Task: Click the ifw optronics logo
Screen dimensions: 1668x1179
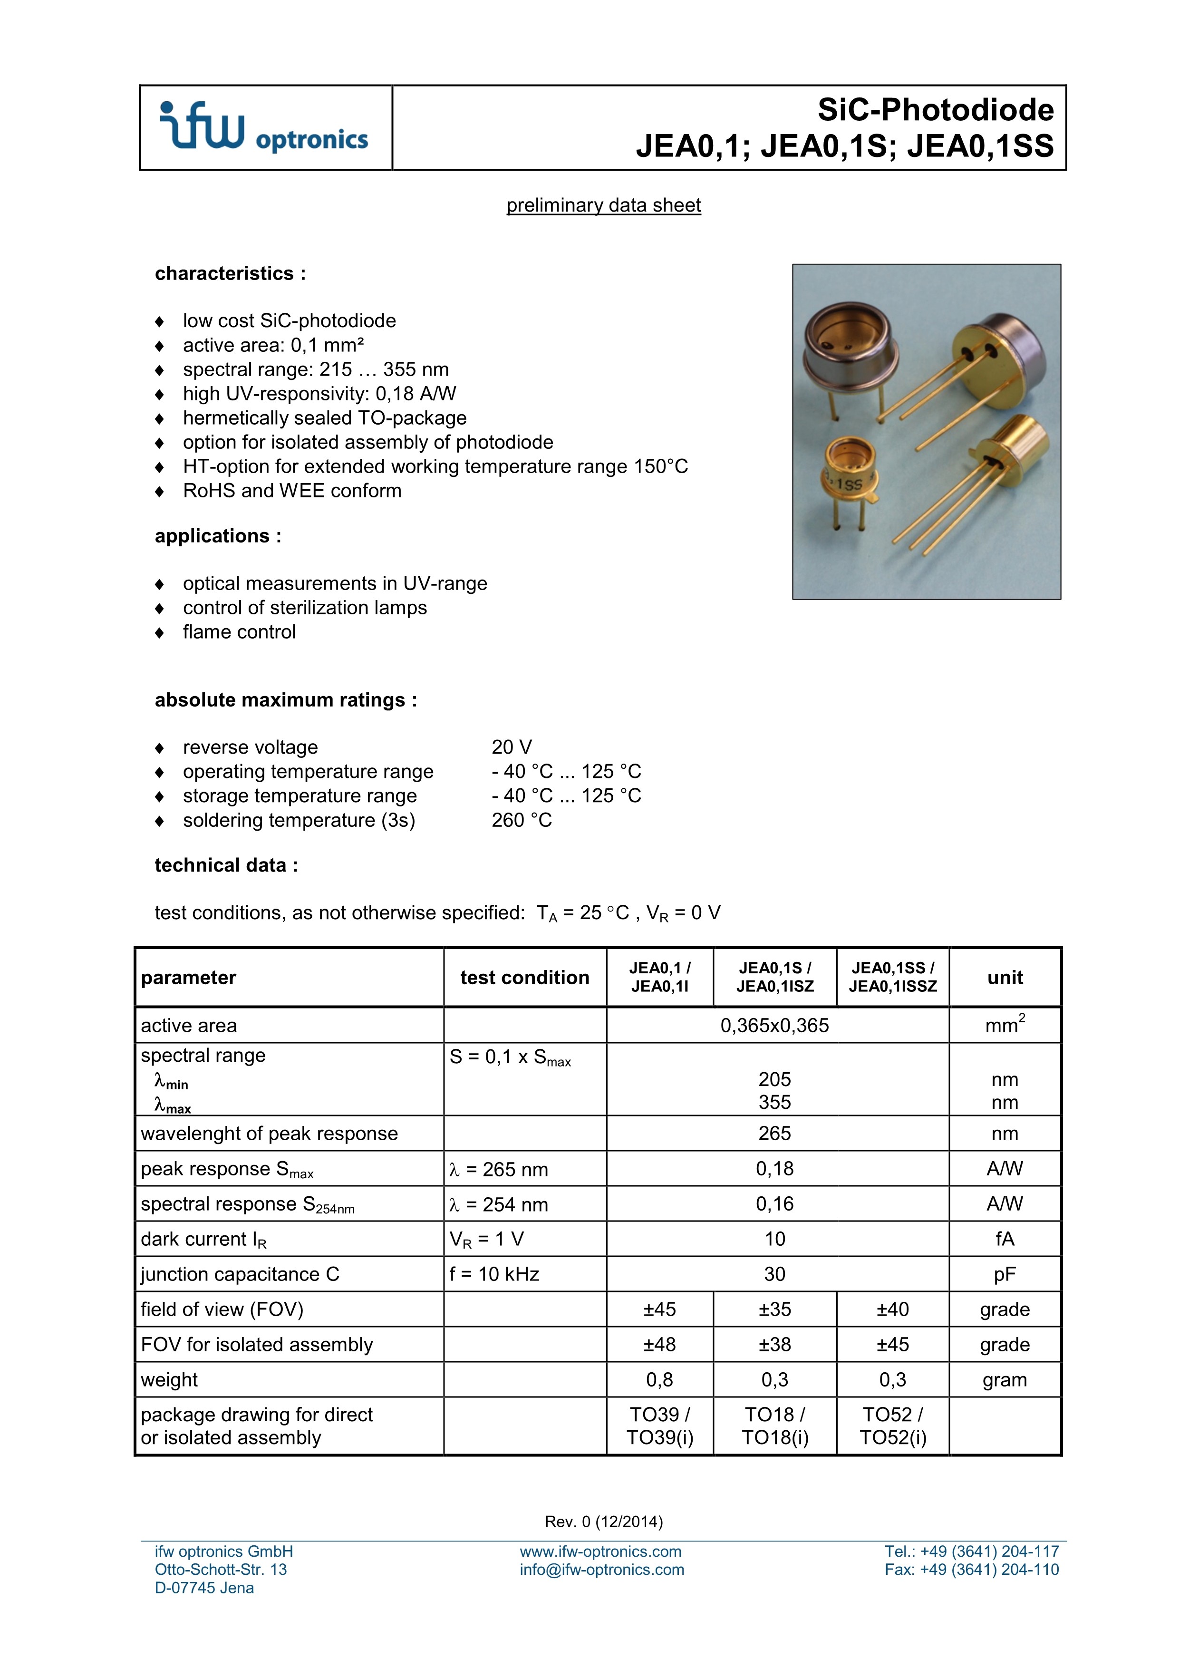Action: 264,127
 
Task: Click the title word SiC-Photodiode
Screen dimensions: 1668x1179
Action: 935,110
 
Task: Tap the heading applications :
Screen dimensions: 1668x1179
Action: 218,536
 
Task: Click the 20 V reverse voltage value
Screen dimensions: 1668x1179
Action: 512,747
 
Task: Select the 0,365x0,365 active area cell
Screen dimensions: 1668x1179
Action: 774,1025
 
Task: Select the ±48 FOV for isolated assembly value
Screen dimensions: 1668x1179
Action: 659,1344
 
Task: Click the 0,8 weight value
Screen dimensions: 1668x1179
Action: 659,1379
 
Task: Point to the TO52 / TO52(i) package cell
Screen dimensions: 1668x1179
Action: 893,1426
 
